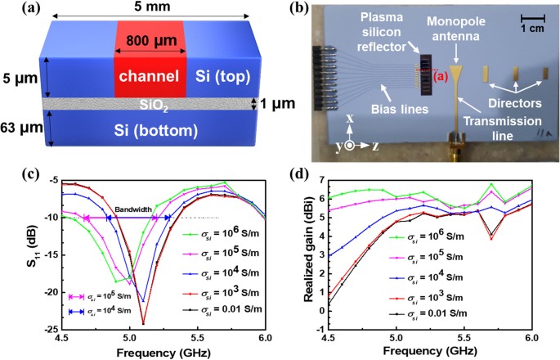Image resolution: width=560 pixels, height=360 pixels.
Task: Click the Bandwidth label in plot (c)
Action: tap(134, 209)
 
